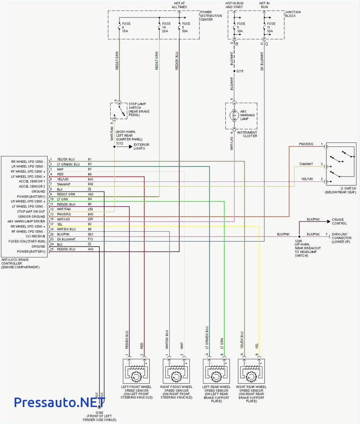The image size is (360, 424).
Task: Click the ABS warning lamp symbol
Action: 233,116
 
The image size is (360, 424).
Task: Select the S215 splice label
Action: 239,71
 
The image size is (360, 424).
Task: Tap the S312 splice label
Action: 119,143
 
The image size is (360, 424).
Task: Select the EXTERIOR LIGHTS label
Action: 141,146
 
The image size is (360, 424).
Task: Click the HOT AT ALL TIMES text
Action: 179,5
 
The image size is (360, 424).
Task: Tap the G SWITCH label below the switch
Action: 340,191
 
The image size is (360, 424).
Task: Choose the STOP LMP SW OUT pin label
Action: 31,212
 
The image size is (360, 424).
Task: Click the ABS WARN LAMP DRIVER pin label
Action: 27,221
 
